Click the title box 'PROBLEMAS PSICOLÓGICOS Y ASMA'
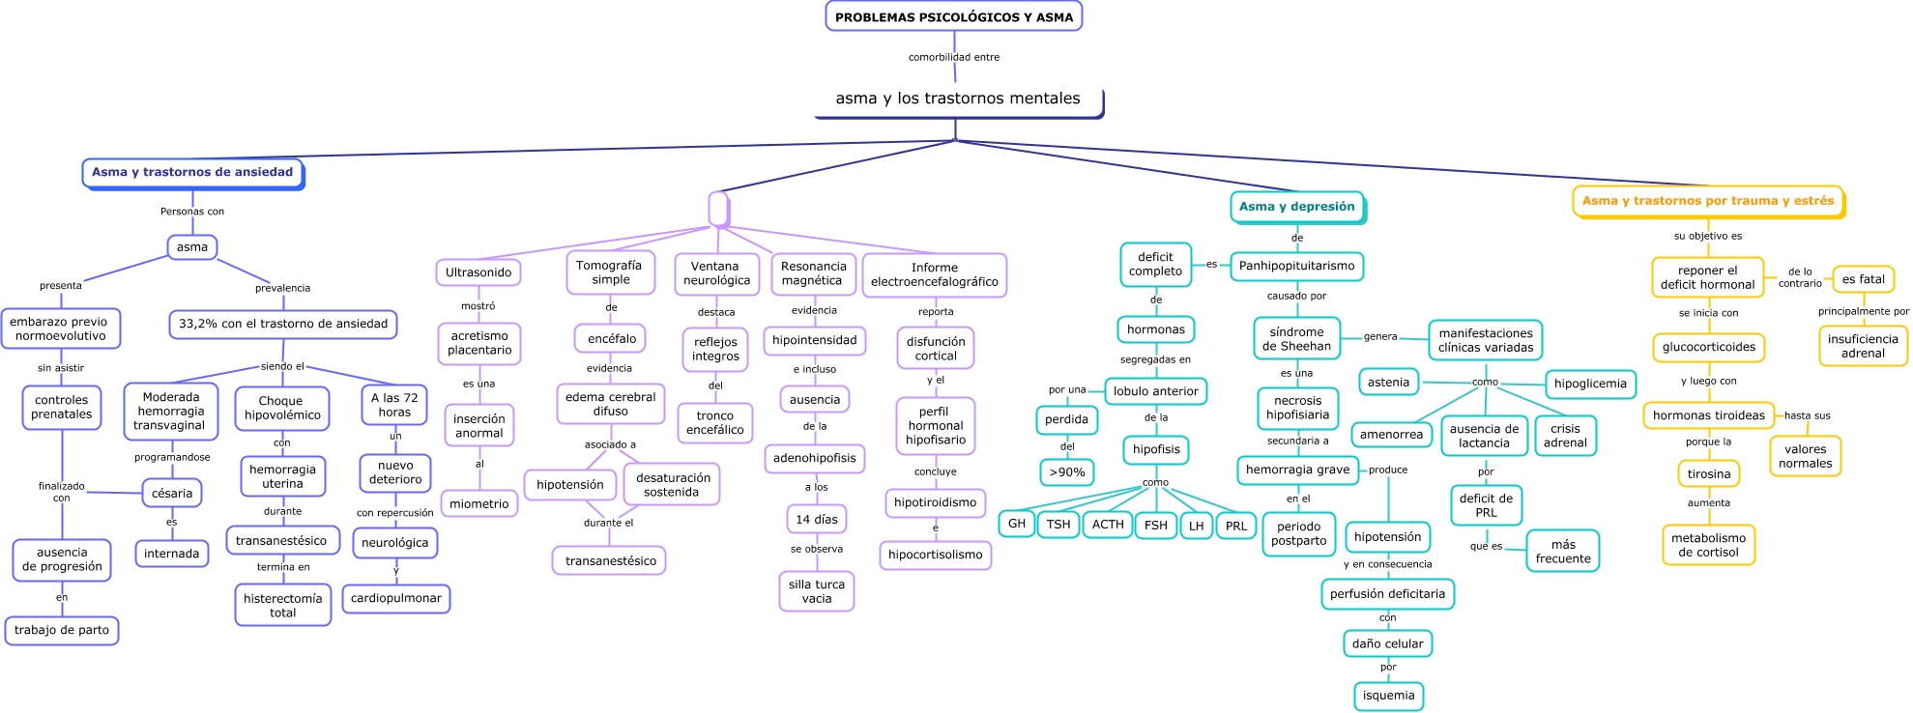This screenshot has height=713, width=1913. pyautogui.click(x=954, y=16)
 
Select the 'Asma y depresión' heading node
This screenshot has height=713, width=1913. pyautogui.click(x=1296, y=207)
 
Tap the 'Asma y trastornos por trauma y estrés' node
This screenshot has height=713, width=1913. pyautogui.click(x=1708, y=201)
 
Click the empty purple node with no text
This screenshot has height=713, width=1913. pyautogui.click(x=718, y=208)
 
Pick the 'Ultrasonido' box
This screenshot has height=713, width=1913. pyautogui.click(x=478, y=272)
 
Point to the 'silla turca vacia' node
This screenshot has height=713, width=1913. pyautogui.click(x=817, y=591)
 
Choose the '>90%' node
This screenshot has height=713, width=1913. pyautogui.click(x=1067, y=472)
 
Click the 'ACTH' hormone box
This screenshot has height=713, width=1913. pyautogui.click(x=1108, y=525)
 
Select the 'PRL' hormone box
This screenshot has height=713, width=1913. pyautogui.click(x=1236, y=526)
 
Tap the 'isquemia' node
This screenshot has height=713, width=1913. pyautogui.click(x=1389, y=696)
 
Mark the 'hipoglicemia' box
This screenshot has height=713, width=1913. pyautogui.click(x=1591, y=384)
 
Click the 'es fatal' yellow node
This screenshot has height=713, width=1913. pyautogui.click(x=1864, y=279)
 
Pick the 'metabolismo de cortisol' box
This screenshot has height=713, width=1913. pyautogui.click(x=1709, y=546)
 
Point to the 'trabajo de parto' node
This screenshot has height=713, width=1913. pyautogui.click(x=62, y=630)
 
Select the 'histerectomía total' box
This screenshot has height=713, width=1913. pyautogui.click(x=283, y=606)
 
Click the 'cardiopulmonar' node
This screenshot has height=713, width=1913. pyautogui.click(x=396, y=598)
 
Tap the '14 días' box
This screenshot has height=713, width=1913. pyautogui.click(x=817, y=519)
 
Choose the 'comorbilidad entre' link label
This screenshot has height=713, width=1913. pyautogui.click(x=954, y=57)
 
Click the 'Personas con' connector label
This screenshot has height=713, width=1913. pyautogui.click(x=192, y=212)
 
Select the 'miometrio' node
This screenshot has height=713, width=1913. pyautogui.click(x=479, y=503)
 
